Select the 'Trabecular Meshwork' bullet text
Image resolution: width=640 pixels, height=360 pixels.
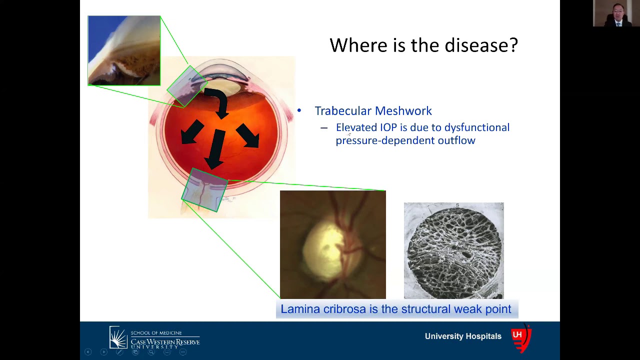(373, 111)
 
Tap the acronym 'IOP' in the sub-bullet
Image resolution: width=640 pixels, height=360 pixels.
(388, 127)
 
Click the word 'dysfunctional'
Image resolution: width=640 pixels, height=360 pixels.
(476, 127)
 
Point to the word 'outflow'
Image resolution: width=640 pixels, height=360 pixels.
(456, 140)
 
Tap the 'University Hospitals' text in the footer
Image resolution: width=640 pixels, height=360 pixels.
(463, 336)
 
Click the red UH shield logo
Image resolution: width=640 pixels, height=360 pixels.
(520, 339)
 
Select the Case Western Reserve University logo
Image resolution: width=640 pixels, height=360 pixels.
(154, 338)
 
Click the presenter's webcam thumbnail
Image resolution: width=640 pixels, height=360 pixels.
(616, 13)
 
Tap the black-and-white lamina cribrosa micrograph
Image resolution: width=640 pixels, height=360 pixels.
(453, 250)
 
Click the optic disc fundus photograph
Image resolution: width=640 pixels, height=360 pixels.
(332, 244)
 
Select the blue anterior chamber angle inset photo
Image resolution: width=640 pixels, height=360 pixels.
(124, 50)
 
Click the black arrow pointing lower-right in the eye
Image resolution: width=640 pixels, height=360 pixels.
(247, 134)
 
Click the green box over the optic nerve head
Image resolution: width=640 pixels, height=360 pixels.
(204, 190)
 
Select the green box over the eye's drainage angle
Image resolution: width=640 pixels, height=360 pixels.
(186, 86)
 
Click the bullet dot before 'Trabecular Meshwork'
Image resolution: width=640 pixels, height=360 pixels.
(299, 111)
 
